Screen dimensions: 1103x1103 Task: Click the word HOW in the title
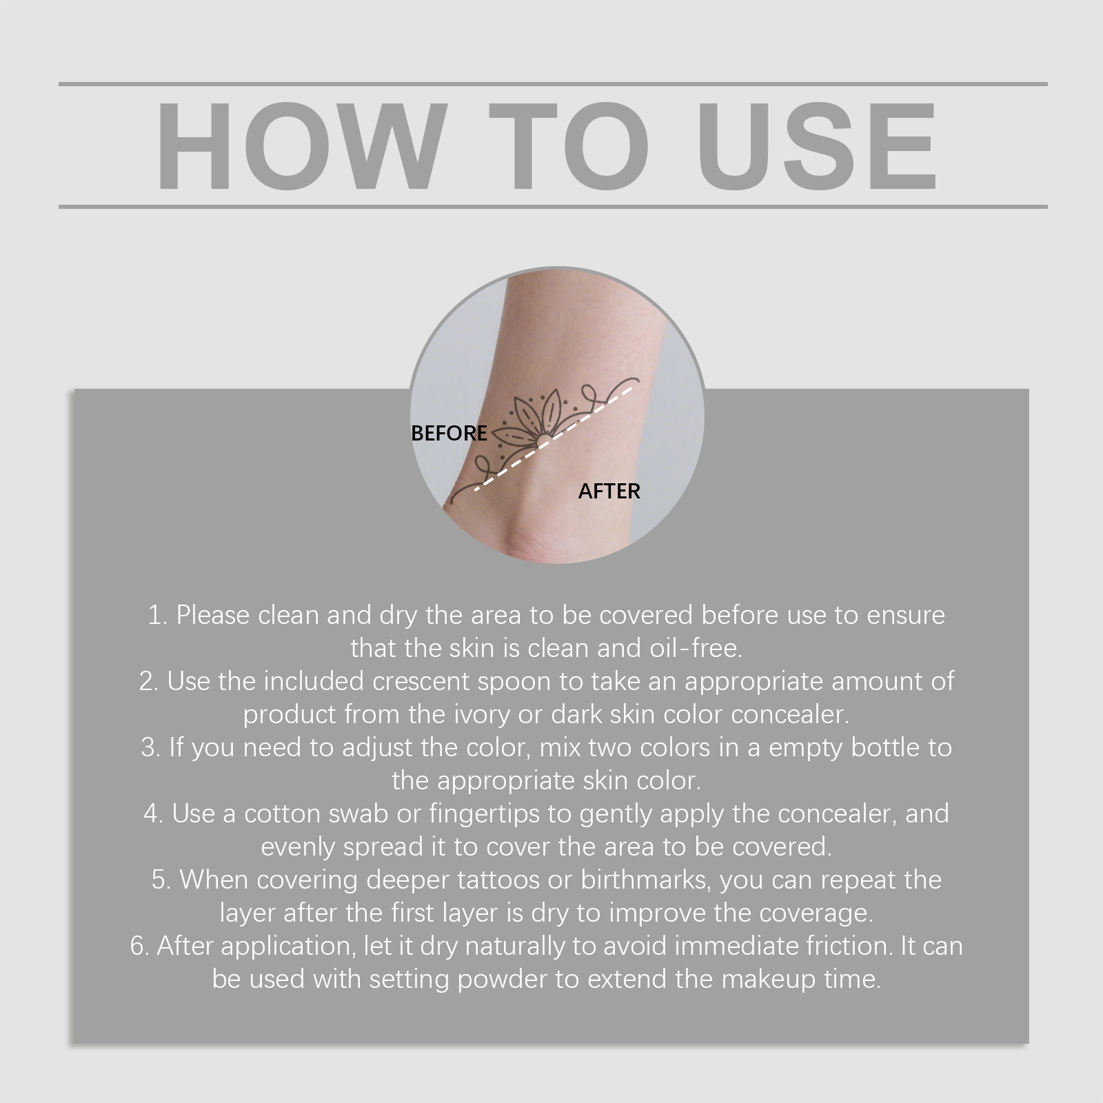click(x=298, y=145)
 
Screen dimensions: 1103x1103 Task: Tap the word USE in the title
click(x=820, y=145)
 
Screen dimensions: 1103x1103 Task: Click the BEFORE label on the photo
click(x=449, y=433)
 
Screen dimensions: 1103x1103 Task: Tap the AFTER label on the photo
click(x=609, y=491)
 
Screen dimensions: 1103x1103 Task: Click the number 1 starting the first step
click(x=155, y=615)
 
